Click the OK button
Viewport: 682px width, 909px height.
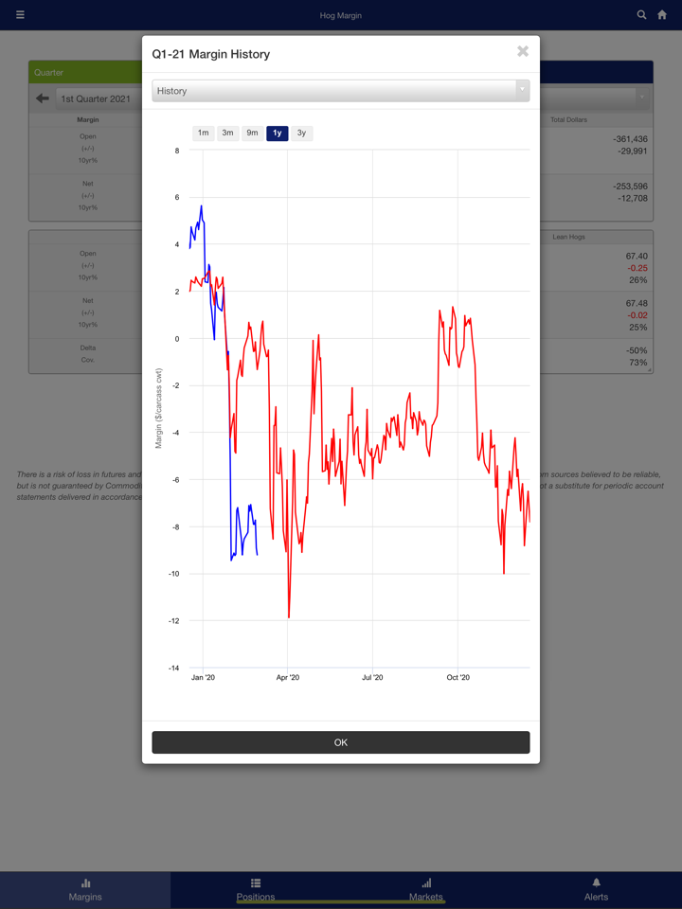tap(341, 742)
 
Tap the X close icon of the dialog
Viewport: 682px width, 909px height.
tap(523, 51)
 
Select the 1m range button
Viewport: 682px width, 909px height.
tap(203, 134)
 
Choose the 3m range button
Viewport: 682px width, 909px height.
tap(227, 134)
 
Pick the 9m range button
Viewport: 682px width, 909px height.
tap(252, 134)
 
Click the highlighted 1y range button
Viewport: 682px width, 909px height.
tap(277, 134)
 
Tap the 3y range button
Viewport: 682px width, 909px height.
tap(301, 134)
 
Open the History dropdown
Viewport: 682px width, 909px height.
tap(340, 91)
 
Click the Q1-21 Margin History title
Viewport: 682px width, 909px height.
tap(211, 54)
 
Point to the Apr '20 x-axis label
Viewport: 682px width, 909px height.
tap(287, 678)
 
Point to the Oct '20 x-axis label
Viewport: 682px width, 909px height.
tap(458, 678)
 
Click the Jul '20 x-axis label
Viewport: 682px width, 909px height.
tap(372, 678)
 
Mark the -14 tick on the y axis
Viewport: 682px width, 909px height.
tap(173, 668)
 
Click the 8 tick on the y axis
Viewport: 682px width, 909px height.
tap(176, 151)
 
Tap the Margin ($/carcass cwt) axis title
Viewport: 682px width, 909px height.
tap(159, 408)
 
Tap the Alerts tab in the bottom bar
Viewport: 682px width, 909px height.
tap(596, 889)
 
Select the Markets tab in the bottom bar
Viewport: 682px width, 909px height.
tap(426, 889)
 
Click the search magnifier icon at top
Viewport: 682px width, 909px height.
tap(641, 15)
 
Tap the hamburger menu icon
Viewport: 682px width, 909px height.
tap(20, 15)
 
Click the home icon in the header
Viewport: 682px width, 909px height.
tap(662, 15)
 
